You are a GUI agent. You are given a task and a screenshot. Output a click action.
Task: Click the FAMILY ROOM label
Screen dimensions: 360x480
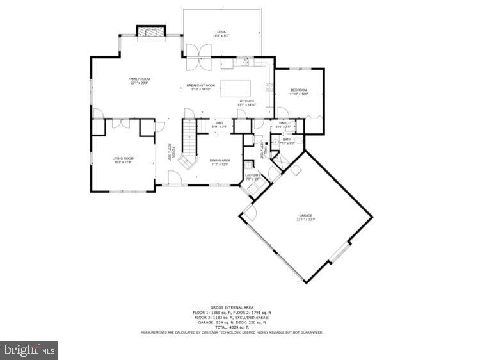(139, 80)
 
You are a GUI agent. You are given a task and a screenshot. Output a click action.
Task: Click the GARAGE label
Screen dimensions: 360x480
(306, 218)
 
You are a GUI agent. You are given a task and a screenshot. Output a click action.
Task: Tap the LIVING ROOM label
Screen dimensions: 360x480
(123, 160)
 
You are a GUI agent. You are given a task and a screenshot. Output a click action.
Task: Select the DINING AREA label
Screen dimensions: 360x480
(220, 163)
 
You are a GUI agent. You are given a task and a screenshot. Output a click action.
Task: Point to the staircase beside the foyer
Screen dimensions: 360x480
(188, 142)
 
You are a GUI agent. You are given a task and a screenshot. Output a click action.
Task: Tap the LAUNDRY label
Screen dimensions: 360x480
(253, 177)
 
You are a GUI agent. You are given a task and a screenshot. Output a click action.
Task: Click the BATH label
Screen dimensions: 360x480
(287, 141)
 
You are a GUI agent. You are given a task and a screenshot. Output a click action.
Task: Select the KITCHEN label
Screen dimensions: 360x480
(248, 102)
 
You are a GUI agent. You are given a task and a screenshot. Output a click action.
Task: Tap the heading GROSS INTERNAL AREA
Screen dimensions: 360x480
(232, 308)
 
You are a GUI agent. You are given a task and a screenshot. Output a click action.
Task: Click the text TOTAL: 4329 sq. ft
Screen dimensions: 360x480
(232, 327)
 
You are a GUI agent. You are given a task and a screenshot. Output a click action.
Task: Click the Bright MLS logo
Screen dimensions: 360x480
(29, 350)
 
